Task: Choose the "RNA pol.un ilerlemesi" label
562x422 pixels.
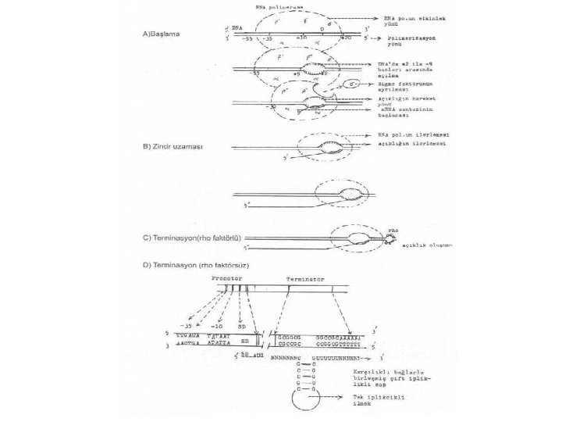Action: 404,135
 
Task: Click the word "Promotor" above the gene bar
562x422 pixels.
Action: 227,277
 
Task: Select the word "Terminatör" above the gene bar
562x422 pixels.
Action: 303,277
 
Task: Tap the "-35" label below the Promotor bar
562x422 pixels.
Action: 186,324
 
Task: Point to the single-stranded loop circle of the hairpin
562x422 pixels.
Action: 301,402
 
